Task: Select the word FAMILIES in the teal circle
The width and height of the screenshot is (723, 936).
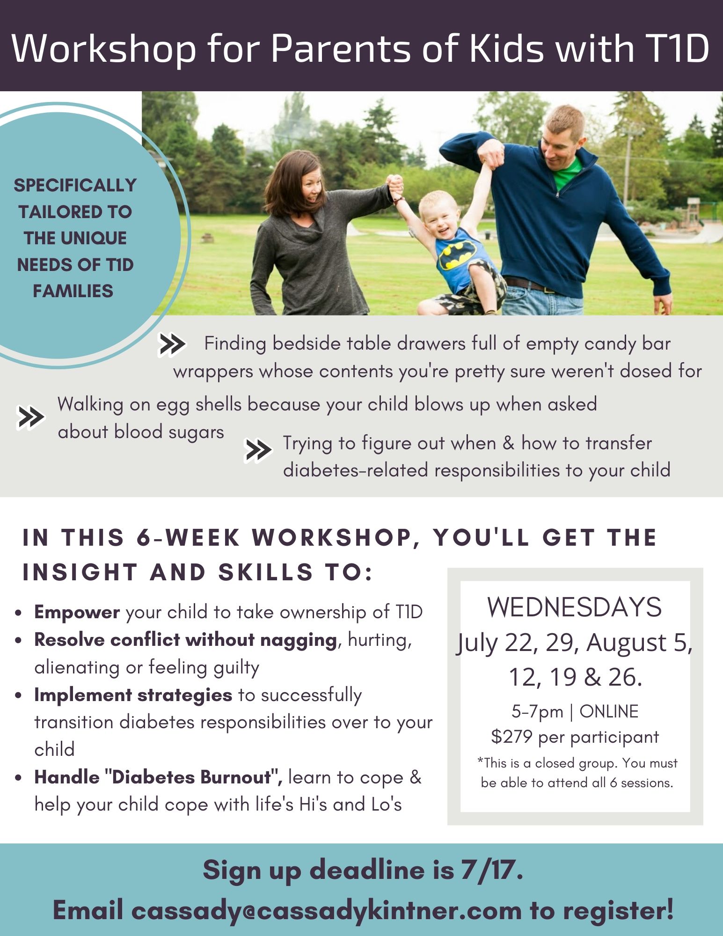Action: (x=73, y=291)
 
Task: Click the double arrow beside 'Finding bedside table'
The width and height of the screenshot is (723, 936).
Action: (x=172, y=345)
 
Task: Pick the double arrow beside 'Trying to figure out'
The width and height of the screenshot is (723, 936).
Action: (x=257, y=451)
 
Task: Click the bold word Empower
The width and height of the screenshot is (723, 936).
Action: (x=77, y=613)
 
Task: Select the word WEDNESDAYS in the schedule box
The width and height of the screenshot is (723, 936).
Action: (x=575, y=607)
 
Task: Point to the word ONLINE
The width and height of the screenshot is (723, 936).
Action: (x=609, y=711)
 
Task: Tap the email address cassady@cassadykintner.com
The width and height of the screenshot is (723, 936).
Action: (x=327, y=911)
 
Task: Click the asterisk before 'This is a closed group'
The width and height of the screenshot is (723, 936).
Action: (x=480, y=760)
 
